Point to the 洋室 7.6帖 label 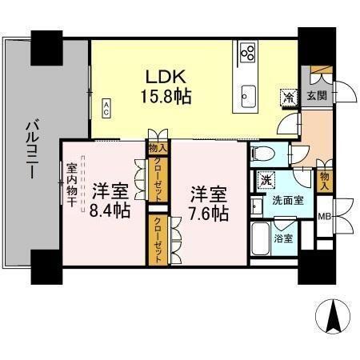click(208, 203)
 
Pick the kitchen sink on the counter click(247, 96)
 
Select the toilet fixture click(260, 153)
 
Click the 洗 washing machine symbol click(265, 180)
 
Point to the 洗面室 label click(287, 200)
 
